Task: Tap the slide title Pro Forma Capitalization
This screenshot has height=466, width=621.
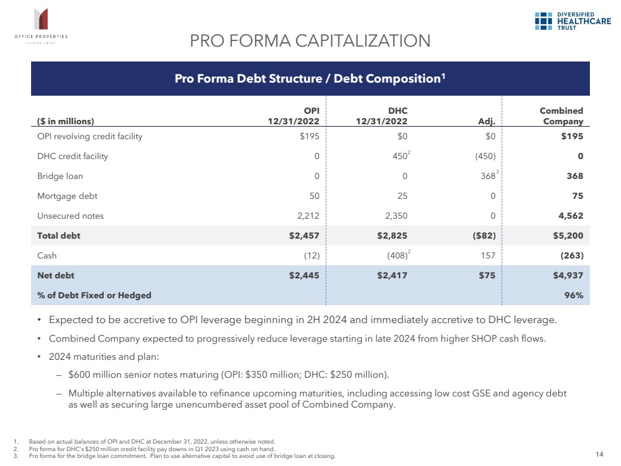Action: click(x=310, y=41)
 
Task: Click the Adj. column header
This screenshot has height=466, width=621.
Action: click(x=485, y=122)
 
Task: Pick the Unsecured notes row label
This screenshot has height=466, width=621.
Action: click(x=70, y=216)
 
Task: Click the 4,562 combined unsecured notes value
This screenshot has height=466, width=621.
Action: click(x=570, y=216)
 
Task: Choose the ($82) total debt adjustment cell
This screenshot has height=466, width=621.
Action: click(x=482, y=235)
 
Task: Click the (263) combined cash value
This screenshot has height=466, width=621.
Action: click(x=570, y=255)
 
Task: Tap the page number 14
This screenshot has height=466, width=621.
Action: click(x=599, y=455)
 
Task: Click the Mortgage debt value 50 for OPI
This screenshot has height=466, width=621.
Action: click(x=314, y=196)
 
